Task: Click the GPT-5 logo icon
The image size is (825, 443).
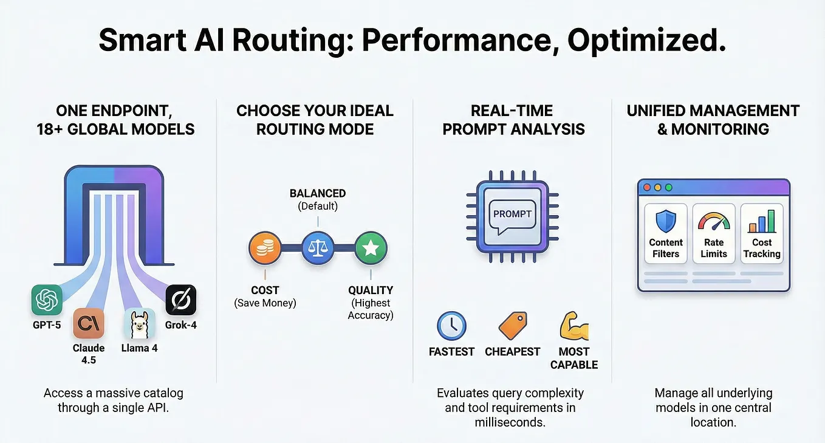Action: click(47, 300)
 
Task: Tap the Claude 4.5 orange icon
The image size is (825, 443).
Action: click(89, 323)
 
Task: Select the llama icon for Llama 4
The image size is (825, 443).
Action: click(140, 323)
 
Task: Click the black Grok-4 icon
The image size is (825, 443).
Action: click(181, 300)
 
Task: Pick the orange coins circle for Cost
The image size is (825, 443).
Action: click(265, 248)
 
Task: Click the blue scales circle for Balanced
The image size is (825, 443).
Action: click(318, 248)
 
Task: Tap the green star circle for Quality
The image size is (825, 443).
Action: click(371, 248)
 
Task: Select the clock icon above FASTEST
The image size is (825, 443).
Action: click(451, 326)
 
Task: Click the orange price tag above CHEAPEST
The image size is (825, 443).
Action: click(513, 326)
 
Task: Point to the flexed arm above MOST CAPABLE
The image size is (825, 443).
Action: click(574, 326)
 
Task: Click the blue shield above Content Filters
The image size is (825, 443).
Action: click(666, 221)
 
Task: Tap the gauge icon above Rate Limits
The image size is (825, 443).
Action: click(714, 221)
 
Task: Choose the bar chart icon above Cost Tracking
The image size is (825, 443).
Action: click(762, 221)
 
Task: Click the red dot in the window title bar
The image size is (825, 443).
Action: click(647, 188)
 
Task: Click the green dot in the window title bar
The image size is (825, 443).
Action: click(669, 188)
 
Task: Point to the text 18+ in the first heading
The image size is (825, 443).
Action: click(50, 129)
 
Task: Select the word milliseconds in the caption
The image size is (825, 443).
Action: click(510, 422)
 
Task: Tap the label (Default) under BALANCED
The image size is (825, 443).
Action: click(318, 206)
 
